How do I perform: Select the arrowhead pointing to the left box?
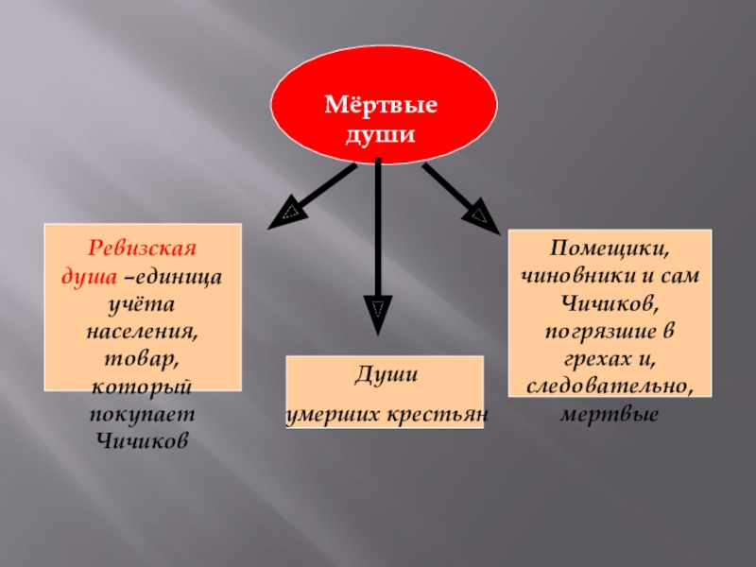[x=285, y=215]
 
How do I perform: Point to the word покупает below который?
[x=142, y=415]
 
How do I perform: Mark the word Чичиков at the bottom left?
[x=142, y=440]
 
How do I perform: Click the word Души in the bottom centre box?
[x=387, y=376]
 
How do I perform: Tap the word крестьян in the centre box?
[x=445, y=414]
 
